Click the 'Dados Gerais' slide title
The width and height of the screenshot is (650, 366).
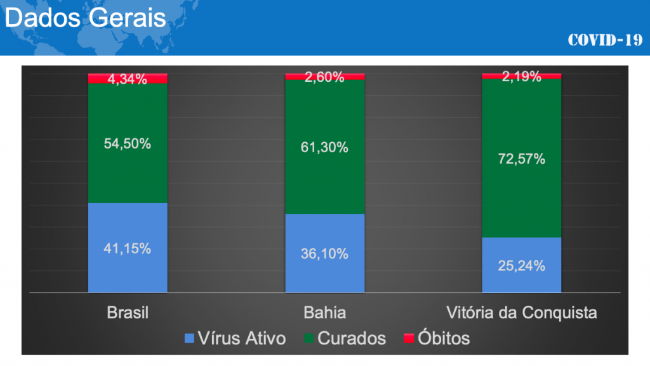coord(86,17)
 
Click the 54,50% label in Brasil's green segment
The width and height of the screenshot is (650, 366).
coord(128,143)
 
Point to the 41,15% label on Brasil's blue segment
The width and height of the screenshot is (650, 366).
coord(128,249)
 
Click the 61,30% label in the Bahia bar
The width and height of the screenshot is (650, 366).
coord(324,147)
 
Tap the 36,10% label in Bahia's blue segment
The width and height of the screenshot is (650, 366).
coord(324,254)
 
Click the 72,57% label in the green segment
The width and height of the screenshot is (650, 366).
coord(521,159)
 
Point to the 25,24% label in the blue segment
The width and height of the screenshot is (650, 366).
coord(521,265)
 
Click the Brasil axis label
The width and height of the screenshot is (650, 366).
coord(128,313)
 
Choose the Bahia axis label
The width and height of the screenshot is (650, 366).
coord(324,313)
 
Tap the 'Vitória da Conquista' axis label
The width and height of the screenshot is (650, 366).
coord(521,313)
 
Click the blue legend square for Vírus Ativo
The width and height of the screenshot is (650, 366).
coord(189,338)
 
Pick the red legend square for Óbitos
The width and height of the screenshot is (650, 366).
coord(408,338)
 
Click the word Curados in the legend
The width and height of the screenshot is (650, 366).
coord(351,338)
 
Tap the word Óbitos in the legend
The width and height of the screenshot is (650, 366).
coord(444,338)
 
